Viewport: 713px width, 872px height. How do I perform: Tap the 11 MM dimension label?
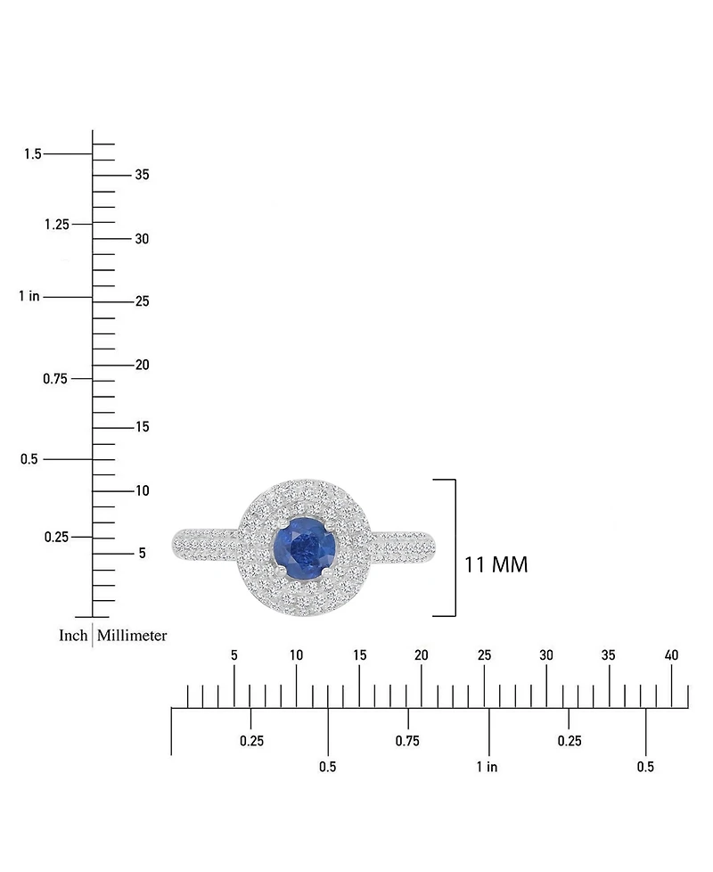[496, 565]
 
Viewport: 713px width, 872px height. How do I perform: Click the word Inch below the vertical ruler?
[73, 636]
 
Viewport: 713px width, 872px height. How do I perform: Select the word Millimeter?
[132, 636]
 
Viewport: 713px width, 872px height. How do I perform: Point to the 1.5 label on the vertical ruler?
[33, 154]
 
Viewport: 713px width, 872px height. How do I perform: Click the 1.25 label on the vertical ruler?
[57, 225]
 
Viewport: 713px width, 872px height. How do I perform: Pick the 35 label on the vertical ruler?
[143, 175]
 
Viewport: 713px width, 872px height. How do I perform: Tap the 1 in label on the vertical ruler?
[29, 296]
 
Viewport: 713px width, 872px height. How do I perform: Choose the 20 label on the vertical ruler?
[143, 365]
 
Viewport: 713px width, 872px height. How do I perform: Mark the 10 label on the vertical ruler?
[143, 490]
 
